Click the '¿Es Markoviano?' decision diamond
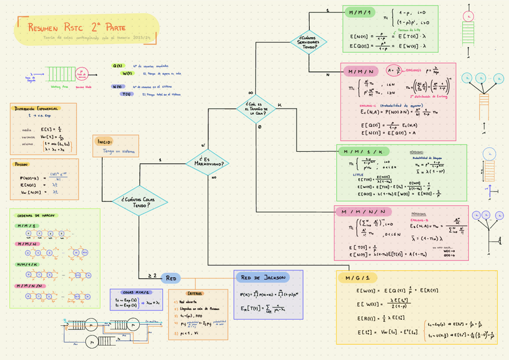tap(209, 161)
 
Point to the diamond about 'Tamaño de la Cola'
tap(256, 109)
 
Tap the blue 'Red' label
tap(172, 278)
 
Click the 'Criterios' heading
tap(195, 293)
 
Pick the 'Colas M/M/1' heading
tap(132, 292)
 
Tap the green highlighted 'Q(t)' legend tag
tap(118, 65)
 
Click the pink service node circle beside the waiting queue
tap(82, 74)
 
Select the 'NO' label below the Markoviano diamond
tap(213, 178)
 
